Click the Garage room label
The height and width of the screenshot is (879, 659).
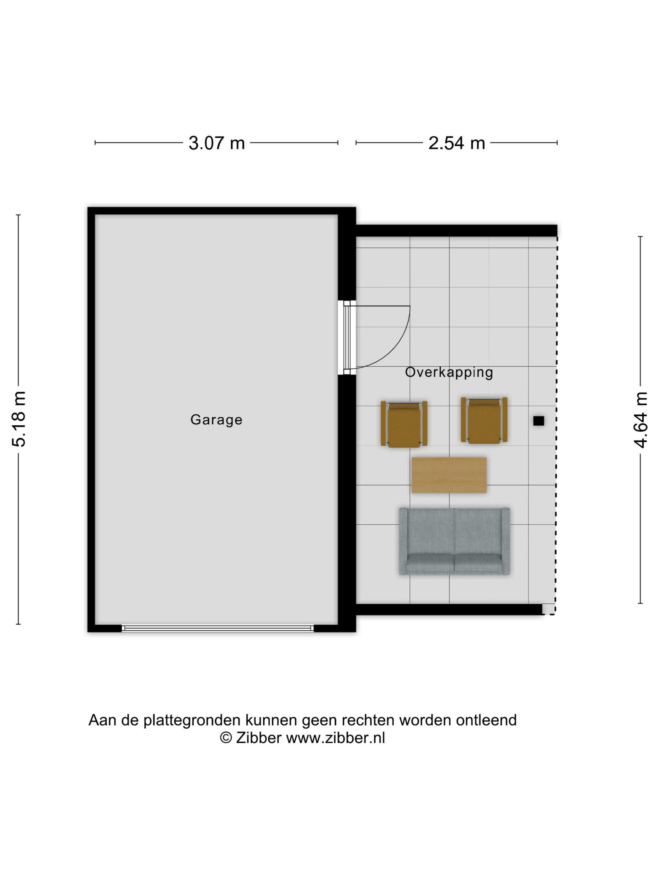[216, 420]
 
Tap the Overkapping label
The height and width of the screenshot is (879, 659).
[449, 372]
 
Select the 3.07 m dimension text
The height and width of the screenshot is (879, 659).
[217, 143]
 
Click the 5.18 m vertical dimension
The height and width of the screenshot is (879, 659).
[19, 419]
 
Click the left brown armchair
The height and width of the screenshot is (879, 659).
[404, 424]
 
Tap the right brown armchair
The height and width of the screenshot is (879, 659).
[484, 420]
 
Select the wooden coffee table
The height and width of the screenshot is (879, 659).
[449, 475]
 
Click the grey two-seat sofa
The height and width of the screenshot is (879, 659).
[454, 541]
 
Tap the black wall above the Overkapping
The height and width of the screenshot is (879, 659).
[456, 230]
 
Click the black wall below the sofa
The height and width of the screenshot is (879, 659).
[449, 610]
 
